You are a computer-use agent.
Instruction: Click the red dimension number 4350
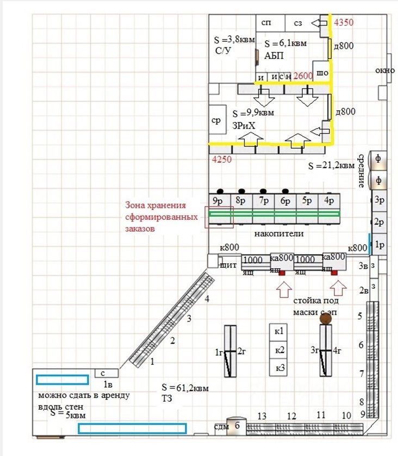344,23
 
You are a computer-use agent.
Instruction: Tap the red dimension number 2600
303,77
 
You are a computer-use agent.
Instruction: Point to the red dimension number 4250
221,160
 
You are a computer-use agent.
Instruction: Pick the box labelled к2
280,349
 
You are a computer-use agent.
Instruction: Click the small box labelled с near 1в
103,373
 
